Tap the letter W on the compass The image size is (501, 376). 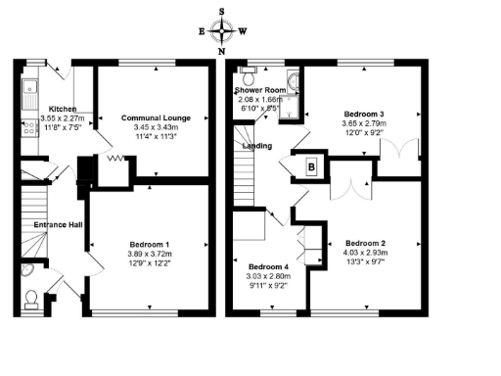243,30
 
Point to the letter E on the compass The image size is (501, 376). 203,30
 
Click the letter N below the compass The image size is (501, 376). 223,50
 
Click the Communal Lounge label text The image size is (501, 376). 154,118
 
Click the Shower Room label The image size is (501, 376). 258,90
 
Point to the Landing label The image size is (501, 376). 256,147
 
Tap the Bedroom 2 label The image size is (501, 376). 364,242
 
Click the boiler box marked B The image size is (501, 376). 312,166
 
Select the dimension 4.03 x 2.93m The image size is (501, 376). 364,252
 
